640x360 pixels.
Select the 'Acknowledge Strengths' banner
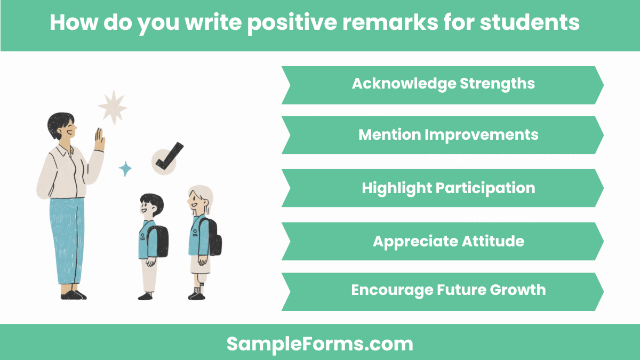(443, 84)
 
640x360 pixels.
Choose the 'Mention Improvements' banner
(443, 134)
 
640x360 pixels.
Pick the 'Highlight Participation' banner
(443, 188)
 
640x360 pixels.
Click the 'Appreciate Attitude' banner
(443, 241)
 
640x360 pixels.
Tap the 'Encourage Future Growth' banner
(443, 291)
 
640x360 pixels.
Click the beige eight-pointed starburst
(112, 107)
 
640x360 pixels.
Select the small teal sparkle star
(125, 169)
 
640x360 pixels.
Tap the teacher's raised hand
(100, 140)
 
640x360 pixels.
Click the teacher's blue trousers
(67, 240)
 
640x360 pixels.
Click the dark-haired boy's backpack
(158, 241)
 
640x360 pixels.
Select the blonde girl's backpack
(213, 237)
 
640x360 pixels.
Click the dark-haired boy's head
(151, 206)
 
